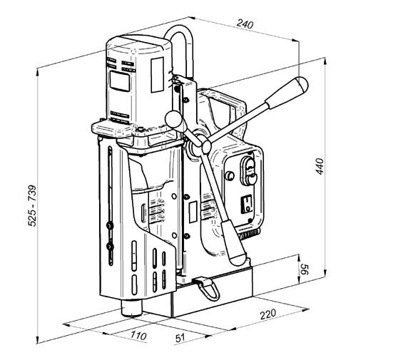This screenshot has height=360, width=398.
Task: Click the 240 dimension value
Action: [x=245, y=24]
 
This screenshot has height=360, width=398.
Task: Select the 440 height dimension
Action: [x=320, y=166]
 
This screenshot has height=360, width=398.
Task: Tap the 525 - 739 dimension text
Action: [x=32, y=205]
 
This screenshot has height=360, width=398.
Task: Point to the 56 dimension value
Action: [x=304, y=269]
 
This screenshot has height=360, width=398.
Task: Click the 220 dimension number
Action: [x=268, y=314]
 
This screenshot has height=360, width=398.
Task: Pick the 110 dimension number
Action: [x=138, y=335]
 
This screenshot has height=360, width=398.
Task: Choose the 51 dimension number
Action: [x=180, y=338]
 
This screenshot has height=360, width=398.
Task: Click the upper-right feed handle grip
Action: [x=287, y=93]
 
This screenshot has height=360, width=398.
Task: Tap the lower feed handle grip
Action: [x=233, y=243]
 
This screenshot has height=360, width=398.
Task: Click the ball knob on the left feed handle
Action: [x=173, y=119]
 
